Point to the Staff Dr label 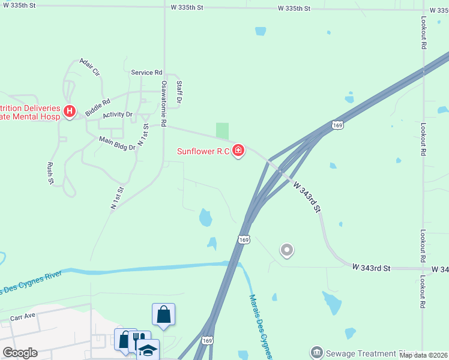tap(178, 92)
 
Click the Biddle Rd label tap(97, 107)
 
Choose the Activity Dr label tap(118, 115)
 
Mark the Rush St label tap(50, 173)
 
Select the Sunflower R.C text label tap(203, 151)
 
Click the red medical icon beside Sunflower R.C tap(238, 150)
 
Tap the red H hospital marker tap(70, 111)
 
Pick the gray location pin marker tap(287, 250)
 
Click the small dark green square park tap(222, 130)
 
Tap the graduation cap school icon tap(147, 349)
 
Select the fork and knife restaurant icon tap(138, 339)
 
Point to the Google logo tap(20, 353)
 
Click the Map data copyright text tap(423, 355)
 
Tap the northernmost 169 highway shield tap(338, 125)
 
